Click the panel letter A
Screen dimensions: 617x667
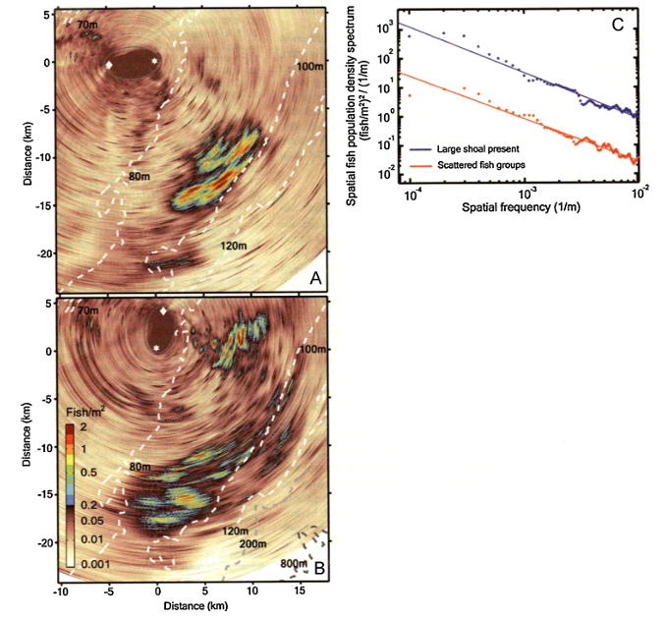[316, 279]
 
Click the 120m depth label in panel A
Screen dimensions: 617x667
[234, 245]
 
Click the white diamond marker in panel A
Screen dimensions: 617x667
[109, 65]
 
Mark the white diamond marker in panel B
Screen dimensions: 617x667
[163, 311]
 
